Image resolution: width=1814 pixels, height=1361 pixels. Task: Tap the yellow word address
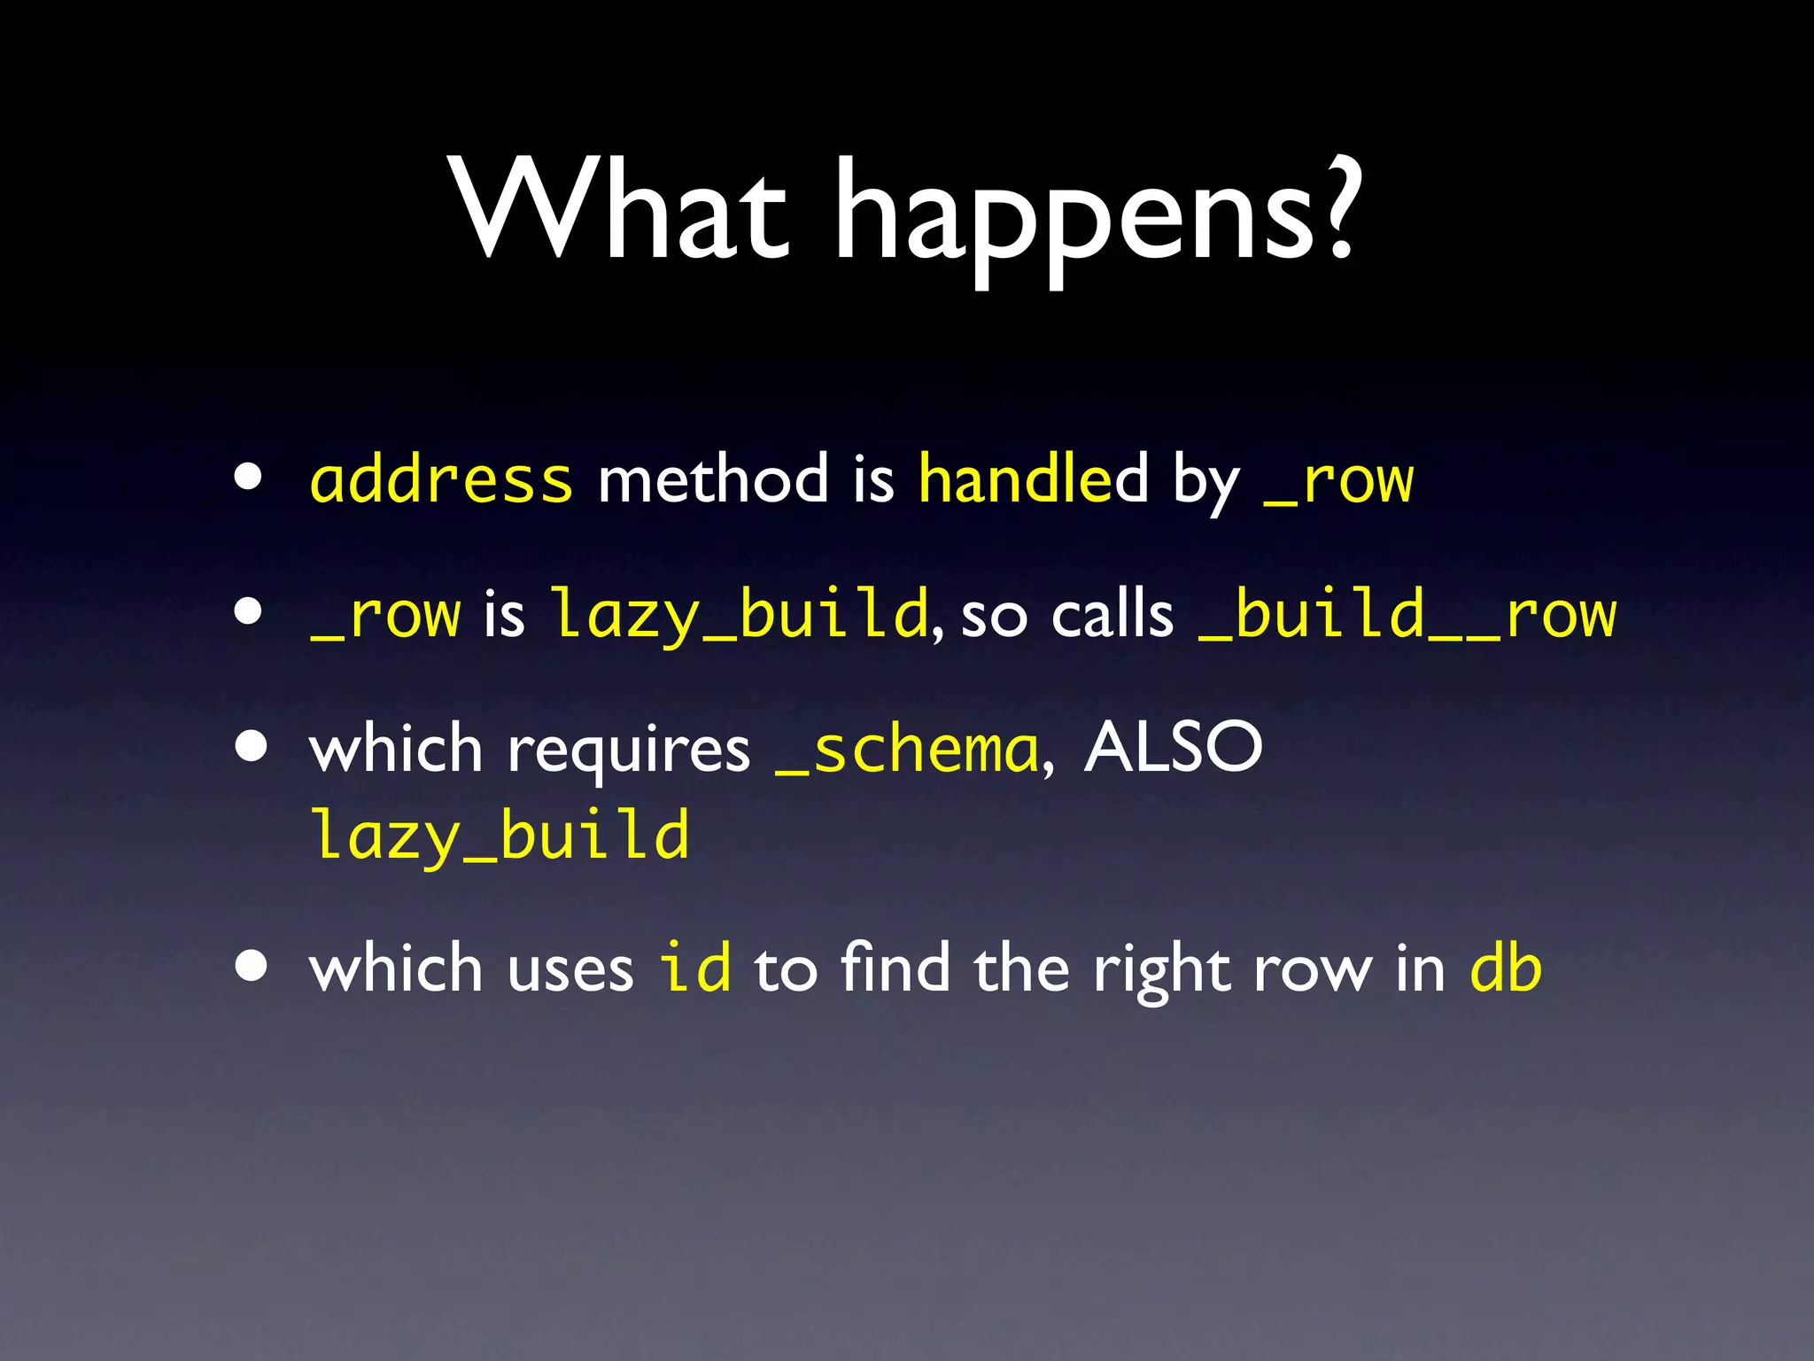[441, 479]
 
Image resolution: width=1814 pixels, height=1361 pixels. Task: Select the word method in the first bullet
[713, 479]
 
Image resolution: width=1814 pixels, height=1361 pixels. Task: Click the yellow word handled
[1033, 479]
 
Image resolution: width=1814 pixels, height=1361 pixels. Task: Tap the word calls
[1112, 614]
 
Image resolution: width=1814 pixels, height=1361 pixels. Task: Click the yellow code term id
[695, 967]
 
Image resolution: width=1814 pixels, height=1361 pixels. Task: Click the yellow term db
[1506, 967]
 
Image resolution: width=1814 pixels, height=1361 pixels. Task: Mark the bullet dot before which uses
[252, 967]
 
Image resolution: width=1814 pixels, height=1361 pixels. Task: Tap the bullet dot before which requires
[252, 747]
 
